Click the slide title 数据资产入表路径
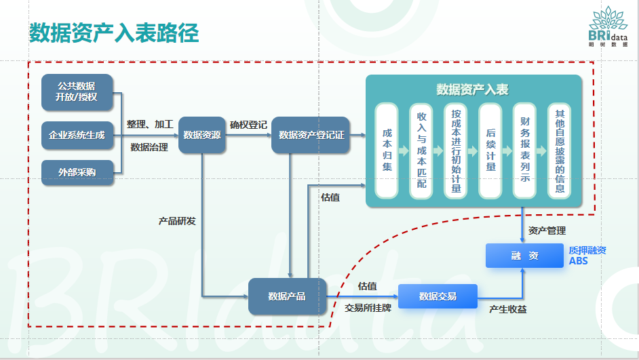click(114, 33)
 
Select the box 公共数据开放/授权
click(77, 92)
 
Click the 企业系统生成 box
click(77, 135)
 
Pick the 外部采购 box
click(77, 172)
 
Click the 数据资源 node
click(201, 135)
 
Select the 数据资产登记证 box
click(311, 135)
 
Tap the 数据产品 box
click(287, 296)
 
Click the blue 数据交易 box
click(438, 296)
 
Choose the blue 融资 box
click(524, 256)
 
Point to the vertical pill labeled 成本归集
click(387, 151)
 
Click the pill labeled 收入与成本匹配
click(421, 151)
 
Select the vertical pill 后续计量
click(490, 151)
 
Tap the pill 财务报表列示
click(525, 151)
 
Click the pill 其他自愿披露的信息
click(560, 151)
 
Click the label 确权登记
click(248, 125)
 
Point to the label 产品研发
click(177, 221)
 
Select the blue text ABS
click(578, 261)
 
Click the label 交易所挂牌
click(367, 307)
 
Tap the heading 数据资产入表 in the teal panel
click(473, 89)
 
